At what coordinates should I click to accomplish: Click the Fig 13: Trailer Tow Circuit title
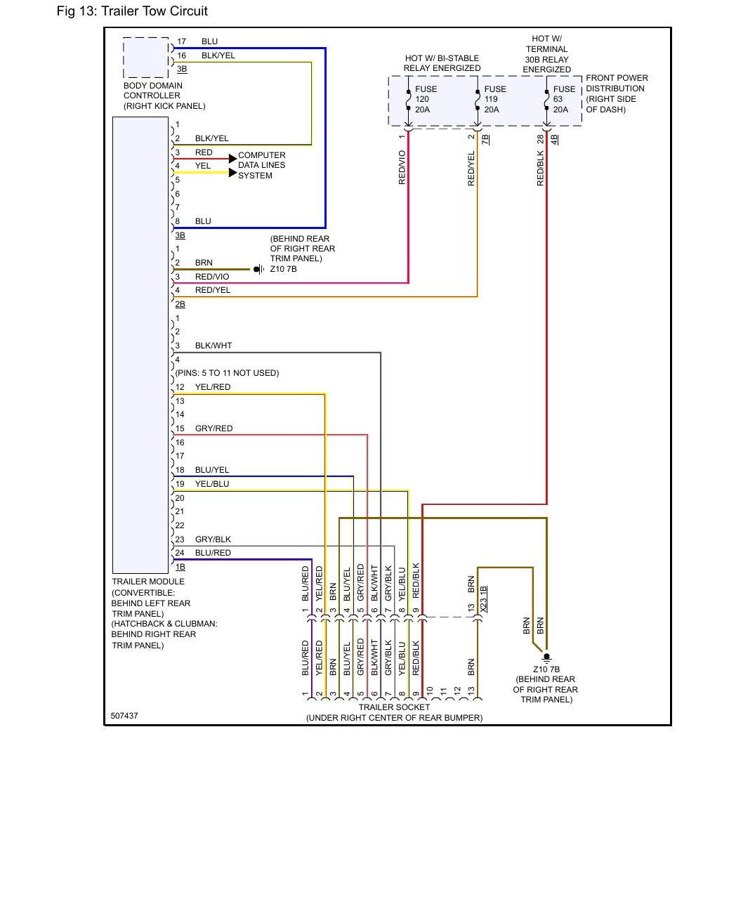pos(132,11)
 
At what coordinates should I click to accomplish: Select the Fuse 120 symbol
pos(408,100)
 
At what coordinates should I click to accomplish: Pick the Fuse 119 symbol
pos(478,100)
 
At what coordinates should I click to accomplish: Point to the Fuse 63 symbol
pos(546,100)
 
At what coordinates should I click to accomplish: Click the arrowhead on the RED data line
pos(232,158)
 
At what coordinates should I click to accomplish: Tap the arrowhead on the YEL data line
pos(232,172)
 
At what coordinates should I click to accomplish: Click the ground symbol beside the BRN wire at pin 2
pos(259,269)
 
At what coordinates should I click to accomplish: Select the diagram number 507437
pos(124,715)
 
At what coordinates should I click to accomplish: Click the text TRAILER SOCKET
pos(394,707)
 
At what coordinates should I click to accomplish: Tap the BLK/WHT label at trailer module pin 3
pos(214,346)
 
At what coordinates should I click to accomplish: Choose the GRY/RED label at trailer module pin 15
pos(214,428)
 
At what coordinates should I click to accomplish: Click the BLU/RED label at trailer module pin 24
pos(213,552)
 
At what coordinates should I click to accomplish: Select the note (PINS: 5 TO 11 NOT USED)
pos(227,372)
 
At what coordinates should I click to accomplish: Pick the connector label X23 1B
pos(484,599)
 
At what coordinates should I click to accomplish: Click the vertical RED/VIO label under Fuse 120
pos(402,167)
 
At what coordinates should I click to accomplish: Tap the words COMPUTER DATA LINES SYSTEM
pos(262,165)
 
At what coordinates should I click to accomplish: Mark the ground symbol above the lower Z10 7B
pos(546,657)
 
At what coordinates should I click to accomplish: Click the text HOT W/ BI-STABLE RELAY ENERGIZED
pos(442,63)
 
